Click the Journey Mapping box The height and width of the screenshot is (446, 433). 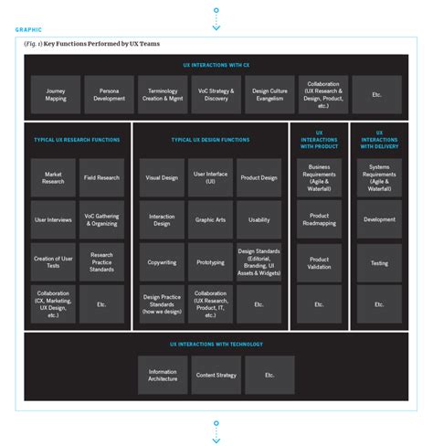click(56, 94)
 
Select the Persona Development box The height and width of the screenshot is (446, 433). click(109, 94)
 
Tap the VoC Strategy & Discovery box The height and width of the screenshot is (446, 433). click(216, 94)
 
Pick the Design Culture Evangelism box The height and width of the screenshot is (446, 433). click(269, 94)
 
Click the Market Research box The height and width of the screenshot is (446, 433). click(54, 178)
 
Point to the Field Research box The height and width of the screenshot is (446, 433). click(101, 178)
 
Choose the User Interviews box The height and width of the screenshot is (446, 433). click(54, 219)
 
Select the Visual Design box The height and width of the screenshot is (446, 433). click(163, 178)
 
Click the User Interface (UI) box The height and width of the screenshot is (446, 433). click(210, 178)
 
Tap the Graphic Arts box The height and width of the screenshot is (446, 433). click(210, 219)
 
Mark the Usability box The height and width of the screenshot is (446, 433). click(259, 219)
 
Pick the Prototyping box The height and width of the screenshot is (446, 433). click(210, 261)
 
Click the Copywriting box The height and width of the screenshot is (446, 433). click(163, 261)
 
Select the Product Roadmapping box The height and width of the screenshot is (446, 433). click(319, 219)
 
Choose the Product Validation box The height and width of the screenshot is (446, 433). click(319, 261)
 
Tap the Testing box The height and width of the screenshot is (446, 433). click(379, 261)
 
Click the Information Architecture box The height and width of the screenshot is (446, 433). click(163, 375)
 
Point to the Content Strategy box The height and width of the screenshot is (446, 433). click(216, 375)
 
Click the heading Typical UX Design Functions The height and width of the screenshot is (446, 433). click(211, 140)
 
